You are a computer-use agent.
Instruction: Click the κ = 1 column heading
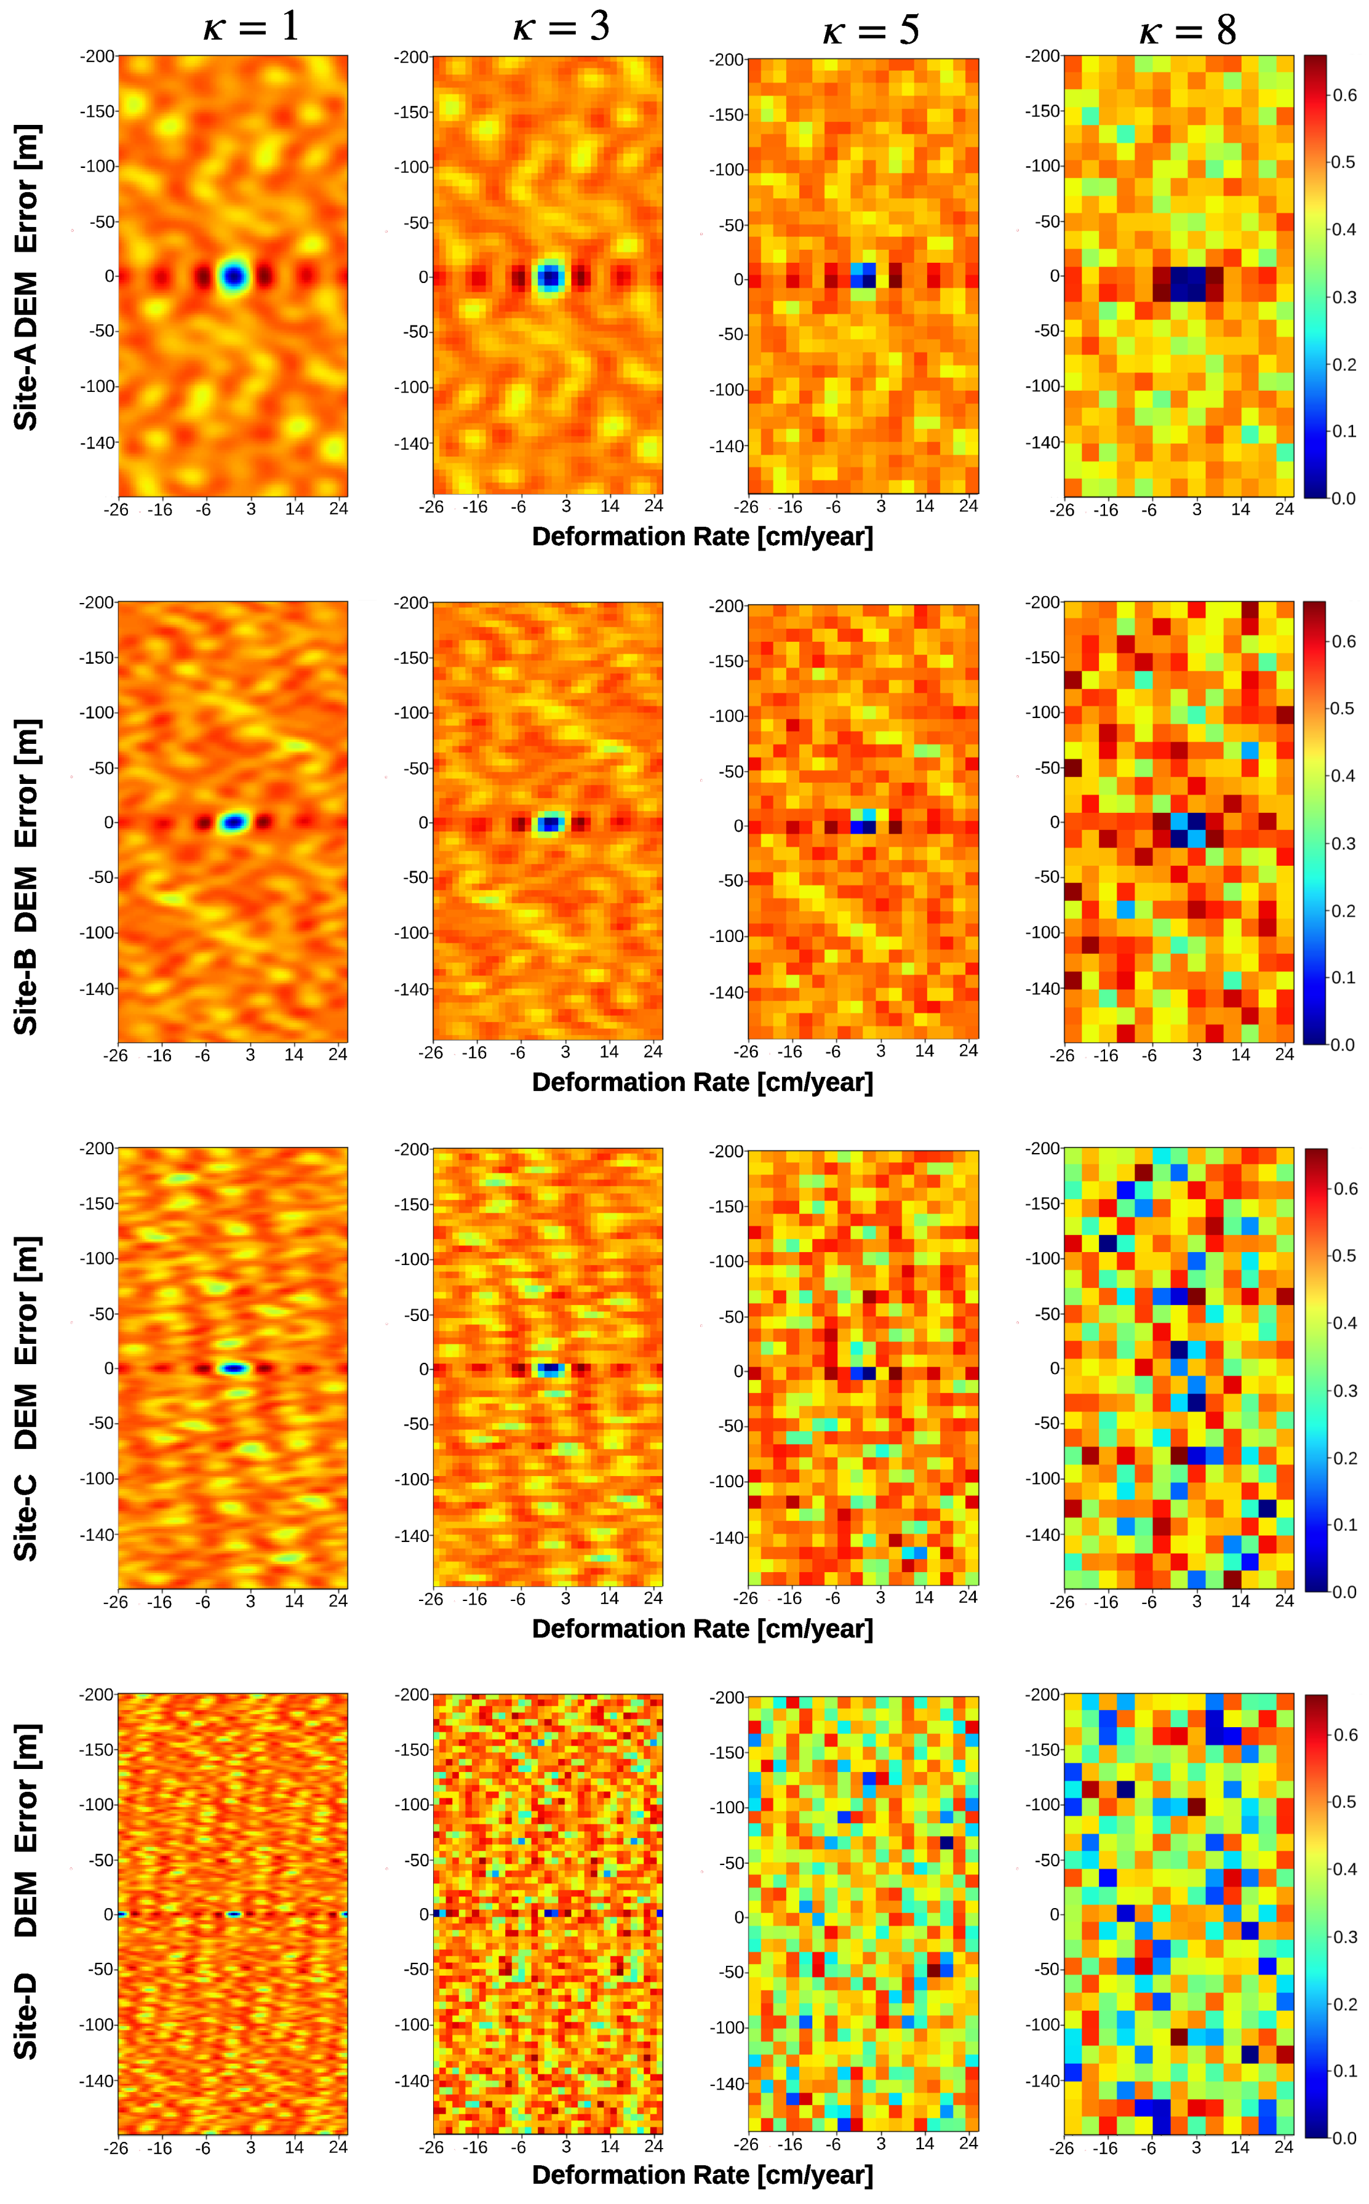[251, 26]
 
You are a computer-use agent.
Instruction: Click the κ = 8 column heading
[1187, 31]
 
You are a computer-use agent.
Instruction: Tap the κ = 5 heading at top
[870, 31]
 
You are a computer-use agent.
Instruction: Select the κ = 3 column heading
[561, 27]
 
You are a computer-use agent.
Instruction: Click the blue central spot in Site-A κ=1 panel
[234, 276]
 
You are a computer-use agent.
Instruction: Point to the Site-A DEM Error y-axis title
[26, 276]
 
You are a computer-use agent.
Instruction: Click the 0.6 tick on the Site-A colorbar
[1344, 95]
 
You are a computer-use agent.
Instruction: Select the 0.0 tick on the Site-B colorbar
[1344, 1044]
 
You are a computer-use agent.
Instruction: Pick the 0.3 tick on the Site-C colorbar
[1344, 1390]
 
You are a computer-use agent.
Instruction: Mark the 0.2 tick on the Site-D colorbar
[1344, 2004]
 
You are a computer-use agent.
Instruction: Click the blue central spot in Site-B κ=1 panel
[234, 822]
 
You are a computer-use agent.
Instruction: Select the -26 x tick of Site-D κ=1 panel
[116, 2147]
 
